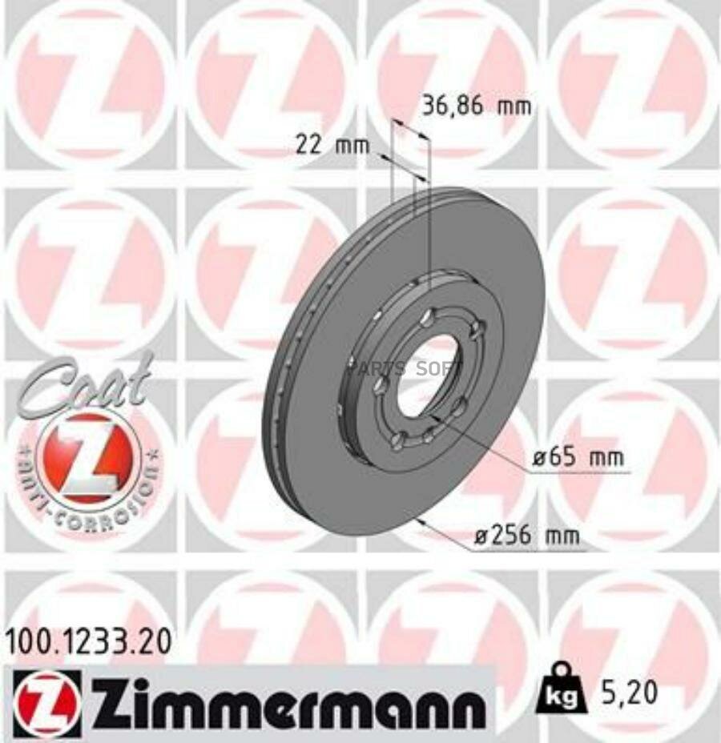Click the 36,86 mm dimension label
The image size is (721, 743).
click(x=476, y=106)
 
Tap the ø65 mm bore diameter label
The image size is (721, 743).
click(x=578, y=460)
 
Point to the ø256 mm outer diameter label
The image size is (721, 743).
click(x=526, y=536)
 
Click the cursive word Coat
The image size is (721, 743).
click(x=84, y=386)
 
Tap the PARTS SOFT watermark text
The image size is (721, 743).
click(x=405, y=369)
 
